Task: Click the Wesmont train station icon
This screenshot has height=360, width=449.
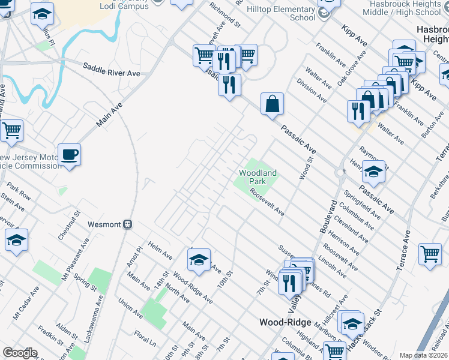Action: (x=127, y=224)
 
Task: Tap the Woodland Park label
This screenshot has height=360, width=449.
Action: (x=258, y=177)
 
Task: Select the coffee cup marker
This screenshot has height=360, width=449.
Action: (x=69, y=155)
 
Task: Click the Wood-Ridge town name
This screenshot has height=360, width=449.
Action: (x=285, y=322)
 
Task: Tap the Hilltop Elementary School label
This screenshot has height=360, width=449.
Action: (x=294, y=13)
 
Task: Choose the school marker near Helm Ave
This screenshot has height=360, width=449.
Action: (x=199, y=259)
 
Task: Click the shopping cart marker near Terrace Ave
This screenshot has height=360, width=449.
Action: (x=430, y=254)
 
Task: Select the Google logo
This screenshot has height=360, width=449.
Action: (x=20, y=353)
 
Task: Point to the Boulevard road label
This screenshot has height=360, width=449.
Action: (x=329, y=216)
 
